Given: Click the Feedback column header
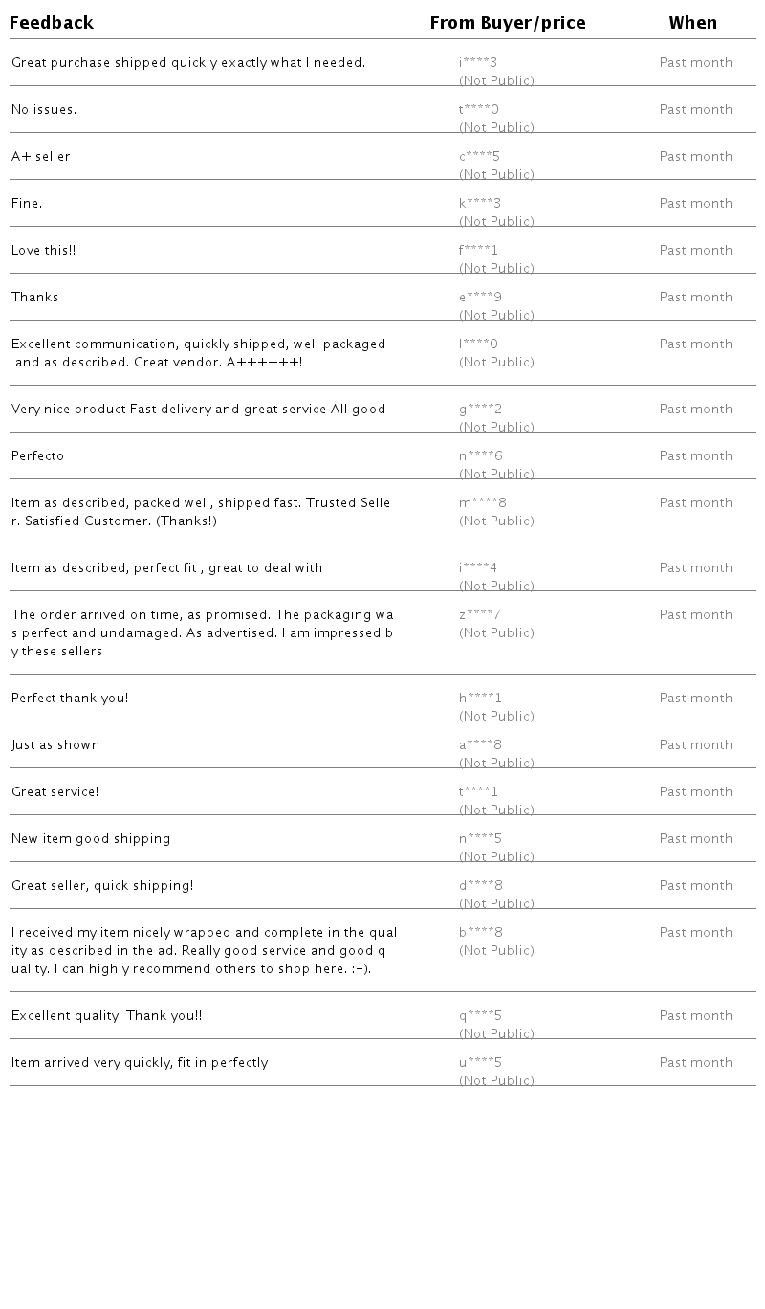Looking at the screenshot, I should (52, 23).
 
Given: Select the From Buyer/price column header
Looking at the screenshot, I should (508, 23).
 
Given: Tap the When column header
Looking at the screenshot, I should (692, 23).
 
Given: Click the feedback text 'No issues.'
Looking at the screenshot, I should (44, 110).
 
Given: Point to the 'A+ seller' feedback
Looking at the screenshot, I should (41, 157).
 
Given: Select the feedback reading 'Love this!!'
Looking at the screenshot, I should (44, 251).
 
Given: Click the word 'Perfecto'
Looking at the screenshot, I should (38, 456).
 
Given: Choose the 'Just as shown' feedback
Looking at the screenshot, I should (55, 745).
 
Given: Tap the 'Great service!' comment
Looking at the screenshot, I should (55, 792).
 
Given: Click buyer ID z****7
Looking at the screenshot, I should (480, 615).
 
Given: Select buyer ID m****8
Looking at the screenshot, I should (483, 503).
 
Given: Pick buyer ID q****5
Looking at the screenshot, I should (480, 1016).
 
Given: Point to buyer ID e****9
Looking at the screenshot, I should (480, 298).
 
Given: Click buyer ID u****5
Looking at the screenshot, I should (480, 1063).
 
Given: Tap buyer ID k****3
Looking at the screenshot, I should (480, 204).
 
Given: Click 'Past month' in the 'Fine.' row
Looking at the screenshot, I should (695, 204).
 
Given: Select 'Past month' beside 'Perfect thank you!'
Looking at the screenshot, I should (695, 699).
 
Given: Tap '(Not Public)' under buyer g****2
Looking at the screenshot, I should (496, 427).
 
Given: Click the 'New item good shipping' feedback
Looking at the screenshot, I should (91, 839).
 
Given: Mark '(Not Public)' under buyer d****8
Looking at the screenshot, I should (496, 903).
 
